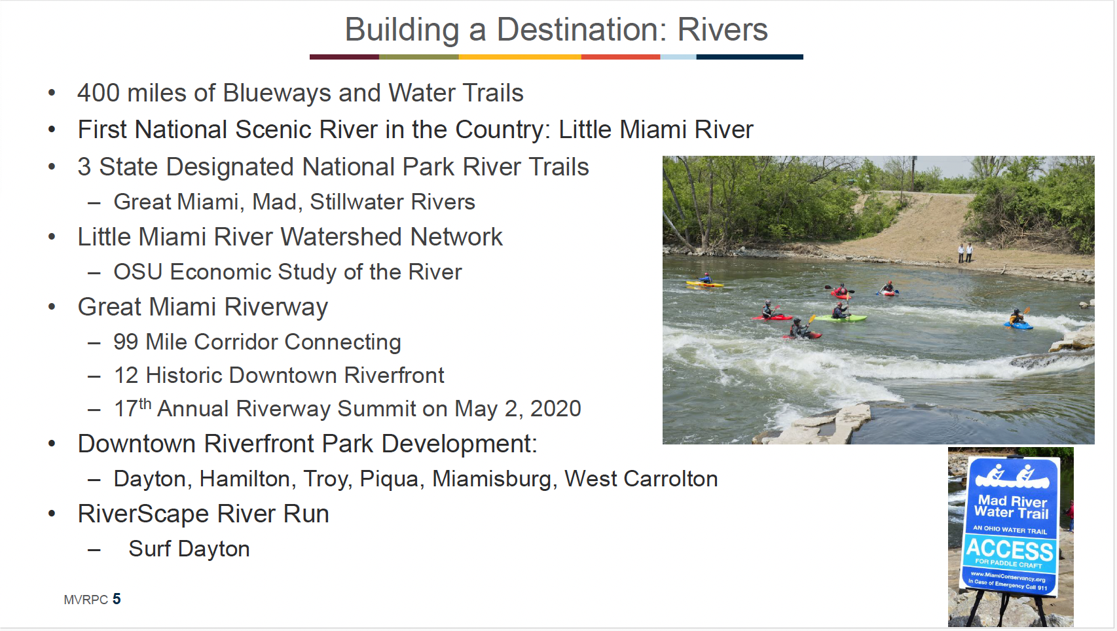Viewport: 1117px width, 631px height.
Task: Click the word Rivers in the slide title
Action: (722, 30)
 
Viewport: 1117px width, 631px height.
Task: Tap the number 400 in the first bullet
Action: (98, 93)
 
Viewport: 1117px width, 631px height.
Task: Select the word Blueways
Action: (277, 93)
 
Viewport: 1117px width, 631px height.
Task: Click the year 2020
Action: (555, 408)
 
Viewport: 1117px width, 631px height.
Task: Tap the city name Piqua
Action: (392, 480)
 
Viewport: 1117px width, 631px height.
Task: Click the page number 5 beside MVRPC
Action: (117, 599)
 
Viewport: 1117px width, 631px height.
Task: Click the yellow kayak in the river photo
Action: (705, 284)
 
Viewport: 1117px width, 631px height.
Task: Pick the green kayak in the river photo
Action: (841, 318)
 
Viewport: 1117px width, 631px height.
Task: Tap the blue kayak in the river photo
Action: (1018, 325)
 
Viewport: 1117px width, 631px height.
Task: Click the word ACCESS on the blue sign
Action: (1009, 550)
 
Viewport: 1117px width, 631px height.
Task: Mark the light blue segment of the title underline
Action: (678, 58)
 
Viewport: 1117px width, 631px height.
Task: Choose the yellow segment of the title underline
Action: (520, 58)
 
